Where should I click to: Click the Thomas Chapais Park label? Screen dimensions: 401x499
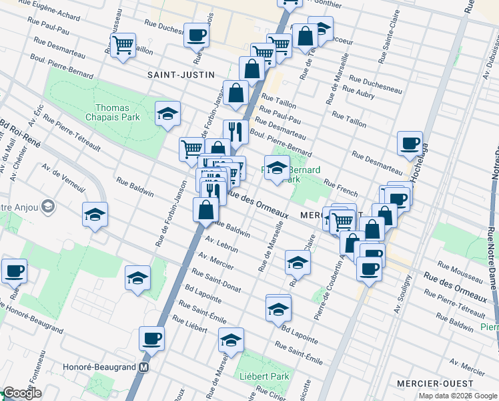[117, 112]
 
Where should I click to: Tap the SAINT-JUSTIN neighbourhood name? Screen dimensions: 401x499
[175, 76]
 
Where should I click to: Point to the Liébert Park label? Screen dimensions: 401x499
[265, 376]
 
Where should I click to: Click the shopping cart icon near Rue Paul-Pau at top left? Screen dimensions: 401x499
[123, 45]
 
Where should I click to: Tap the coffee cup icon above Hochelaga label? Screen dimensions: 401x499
[410, 142]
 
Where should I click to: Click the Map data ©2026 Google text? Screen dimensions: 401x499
[457, 395]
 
